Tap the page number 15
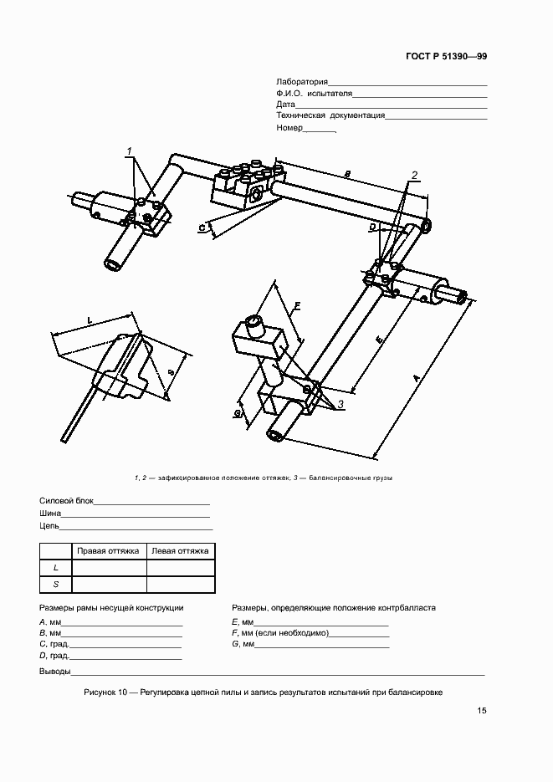point(482,711)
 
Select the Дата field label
point(285,105)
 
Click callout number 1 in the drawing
point(131,151)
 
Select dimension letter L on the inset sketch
point(89,319)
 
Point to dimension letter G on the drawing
point(238,413)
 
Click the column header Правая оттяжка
point(109,551)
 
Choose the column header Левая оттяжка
point(180,551)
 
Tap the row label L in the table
point(55,568)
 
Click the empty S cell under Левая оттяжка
point(180,585)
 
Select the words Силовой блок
point(66,502)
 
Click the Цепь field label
point(49,527)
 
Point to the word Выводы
point(54,672)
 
